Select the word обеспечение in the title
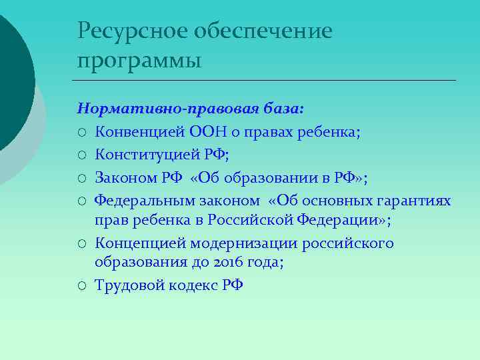(x=263, y=31)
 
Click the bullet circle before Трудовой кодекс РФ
(x=82, y=286)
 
